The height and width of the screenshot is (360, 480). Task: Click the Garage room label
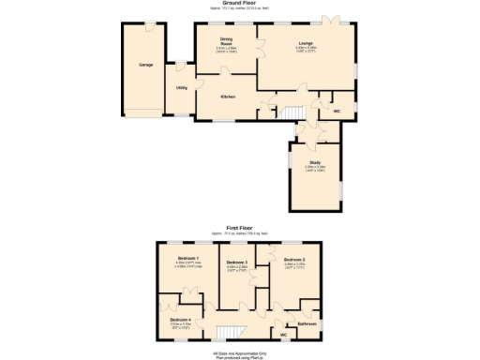point(146,65)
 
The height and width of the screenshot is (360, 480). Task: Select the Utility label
point(182,87)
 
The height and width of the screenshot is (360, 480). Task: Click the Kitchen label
point(228,97)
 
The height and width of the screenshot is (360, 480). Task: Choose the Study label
point(315,162)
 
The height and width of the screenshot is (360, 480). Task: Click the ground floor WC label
point(336,111)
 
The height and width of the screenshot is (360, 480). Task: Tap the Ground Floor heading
point(241,4)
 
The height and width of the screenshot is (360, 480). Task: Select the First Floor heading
point(240,226)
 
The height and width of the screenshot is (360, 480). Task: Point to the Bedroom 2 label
point(294,259)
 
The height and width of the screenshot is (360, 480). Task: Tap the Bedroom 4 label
point(181,320)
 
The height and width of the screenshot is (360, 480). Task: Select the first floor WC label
point(282,334)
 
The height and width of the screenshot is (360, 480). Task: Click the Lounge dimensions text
point(306,49)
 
